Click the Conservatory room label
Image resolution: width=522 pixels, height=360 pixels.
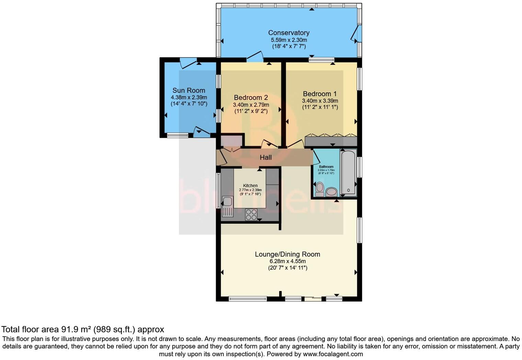click(x=288, y=33)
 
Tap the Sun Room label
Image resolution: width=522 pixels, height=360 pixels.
click(x=189, y=90)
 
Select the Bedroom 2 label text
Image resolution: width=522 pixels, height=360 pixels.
click(x=251, y=98)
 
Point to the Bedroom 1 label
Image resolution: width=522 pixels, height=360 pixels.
click(x=320, y=94)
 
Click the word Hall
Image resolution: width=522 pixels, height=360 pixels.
click(x=265, y=157)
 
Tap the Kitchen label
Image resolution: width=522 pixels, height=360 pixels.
click(x=250, y=185)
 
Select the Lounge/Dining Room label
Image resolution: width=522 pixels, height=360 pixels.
click(x=287, y=254)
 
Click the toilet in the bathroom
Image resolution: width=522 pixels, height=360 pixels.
click(x=319, y=189)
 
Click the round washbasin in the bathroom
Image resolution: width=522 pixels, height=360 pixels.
click(x=332, y=191)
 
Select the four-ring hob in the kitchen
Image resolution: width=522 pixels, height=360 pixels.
click(x=251, y=214)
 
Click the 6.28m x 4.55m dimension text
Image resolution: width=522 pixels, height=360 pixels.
click(x=287, y=261)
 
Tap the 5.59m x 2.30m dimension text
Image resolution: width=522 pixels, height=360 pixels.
click(x=288, y=40)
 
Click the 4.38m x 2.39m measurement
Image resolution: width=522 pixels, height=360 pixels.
click(x=189, y=97)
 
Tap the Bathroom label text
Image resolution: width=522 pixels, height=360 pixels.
click(x=326, y=167)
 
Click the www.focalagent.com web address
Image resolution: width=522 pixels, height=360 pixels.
click(x=333, y=354)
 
